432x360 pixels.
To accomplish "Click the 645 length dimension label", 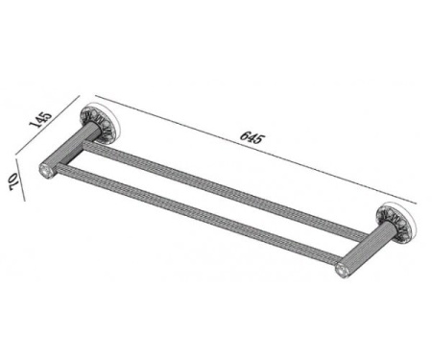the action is [x=252, y=137].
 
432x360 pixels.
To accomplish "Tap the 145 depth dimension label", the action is [x=40, y=119].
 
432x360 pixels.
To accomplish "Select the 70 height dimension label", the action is [x=13, y=181].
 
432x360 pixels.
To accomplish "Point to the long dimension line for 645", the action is [x=255, y=150].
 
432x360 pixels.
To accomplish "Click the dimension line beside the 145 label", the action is [x=47, y=125].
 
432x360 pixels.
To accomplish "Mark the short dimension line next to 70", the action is [x=19, y=179].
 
